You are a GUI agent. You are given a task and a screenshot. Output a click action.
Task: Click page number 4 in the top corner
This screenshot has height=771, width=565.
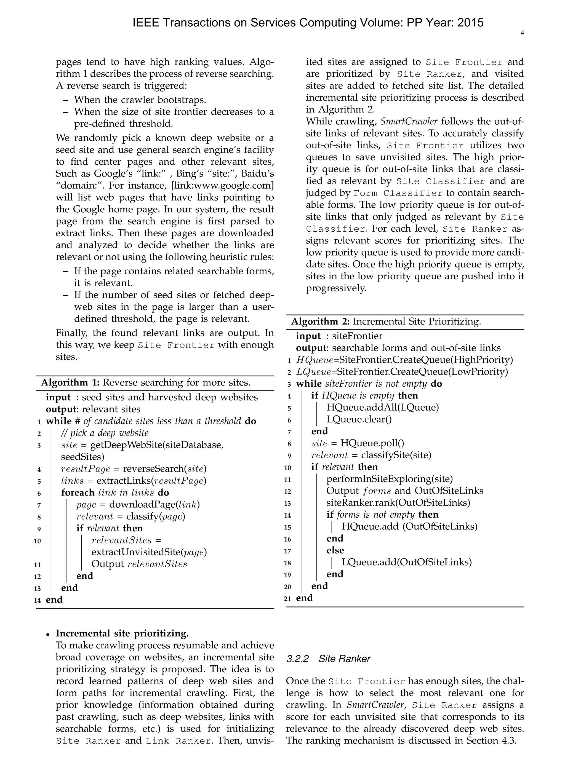pos(522,33)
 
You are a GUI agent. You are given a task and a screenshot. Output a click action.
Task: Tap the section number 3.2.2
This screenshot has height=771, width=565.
pos(297,659)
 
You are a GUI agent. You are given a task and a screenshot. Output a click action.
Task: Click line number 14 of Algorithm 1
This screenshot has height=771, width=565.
pos(38,600)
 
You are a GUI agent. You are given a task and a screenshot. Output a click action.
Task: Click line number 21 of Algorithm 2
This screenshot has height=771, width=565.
pos(288,598)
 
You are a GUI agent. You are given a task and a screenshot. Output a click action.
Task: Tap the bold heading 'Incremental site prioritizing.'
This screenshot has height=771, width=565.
pos(122,633)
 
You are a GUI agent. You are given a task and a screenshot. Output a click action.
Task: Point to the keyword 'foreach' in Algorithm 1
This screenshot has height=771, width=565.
pos(78,492)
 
